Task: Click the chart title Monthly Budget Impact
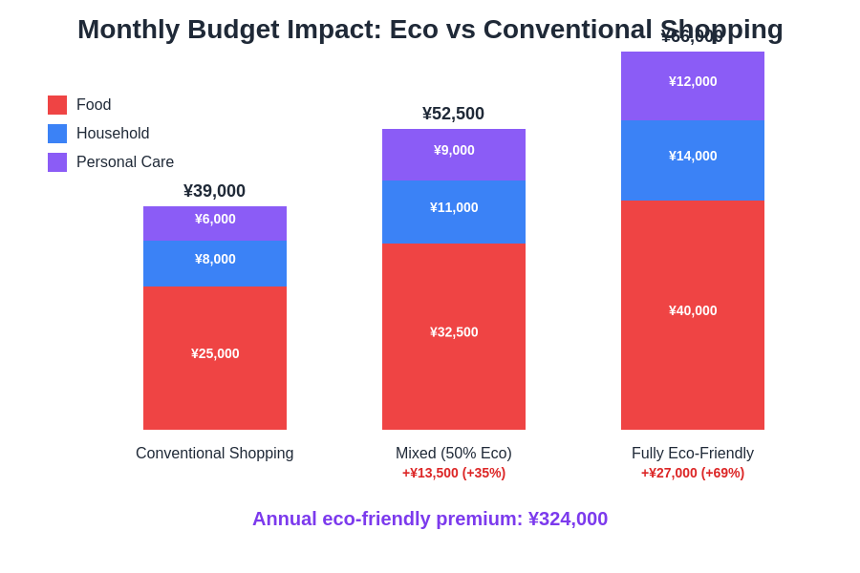[430, 30]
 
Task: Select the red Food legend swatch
[57, 105]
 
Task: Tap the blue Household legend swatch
[57, 134]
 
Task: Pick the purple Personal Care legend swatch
[57, 162]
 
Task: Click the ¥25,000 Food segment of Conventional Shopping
[215, 357]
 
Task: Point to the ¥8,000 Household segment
[215, 263]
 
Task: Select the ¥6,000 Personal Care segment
[215, 223]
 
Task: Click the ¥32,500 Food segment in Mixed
[454, 336]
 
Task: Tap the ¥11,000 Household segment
[454, 212]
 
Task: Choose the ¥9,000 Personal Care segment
[454, 155]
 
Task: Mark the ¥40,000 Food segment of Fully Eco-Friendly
[693, 314]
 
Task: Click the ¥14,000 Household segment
[693, 159]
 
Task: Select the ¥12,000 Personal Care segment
[693, 85]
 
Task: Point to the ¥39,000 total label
[215, 191]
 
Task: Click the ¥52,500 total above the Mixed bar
[454, 114]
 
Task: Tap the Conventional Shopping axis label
[215, 454]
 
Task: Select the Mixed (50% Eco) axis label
[454, 454]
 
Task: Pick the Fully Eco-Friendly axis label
[693, 454]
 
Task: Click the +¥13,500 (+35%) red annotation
[454, 473]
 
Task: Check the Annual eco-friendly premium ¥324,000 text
[430, 519]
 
